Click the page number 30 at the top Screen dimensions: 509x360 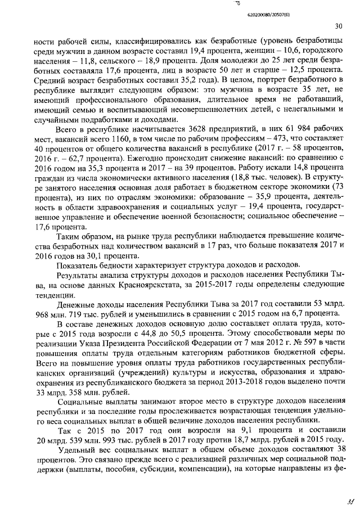coord(338,25)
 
